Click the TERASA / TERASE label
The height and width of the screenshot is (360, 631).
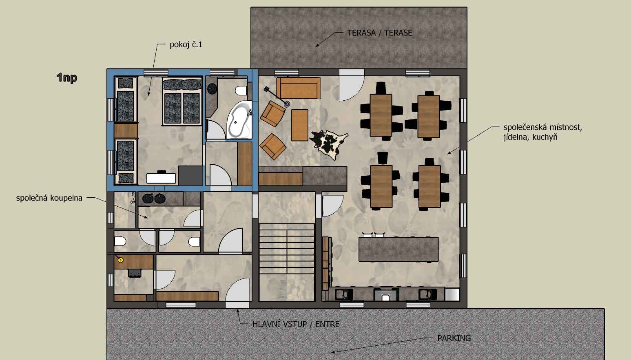379,33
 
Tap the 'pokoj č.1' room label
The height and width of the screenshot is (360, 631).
186,45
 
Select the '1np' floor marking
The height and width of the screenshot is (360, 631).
67,77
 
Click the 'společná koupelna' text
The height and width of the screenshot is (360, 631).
49,198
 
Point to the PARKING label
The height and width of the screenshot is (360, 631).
454,338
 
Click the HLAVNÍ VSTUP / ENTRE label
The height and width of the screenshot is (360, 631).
296,324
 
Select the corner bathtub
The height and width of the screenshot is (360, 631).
239,120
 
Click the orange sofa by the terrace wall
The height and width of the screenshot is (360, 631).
299,88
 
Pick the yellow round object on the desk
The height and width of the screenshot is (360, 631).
121,260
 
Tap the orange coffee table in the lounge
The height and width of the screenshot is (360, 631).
299,125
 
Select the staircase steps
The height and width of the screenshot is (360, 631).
287,249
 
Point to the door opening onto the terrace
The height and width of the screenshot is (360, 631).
352,85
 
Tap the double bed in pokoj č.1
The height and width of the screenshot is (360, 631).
182,101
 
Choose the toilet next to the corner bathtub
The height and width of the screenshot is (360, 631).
241,91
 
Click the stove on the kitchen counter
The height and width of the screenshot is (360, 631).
386,295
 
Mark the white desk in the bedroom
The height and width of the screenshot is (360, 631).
161,178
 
